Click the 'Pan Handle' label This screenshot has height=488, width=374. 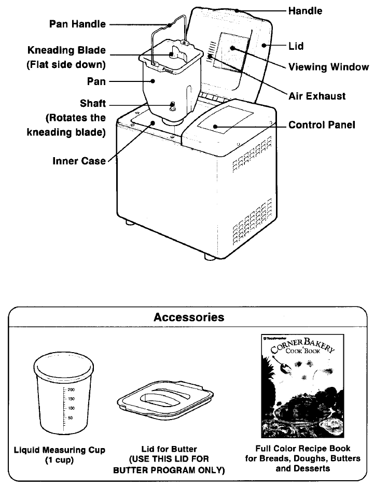click(x=77, y=24)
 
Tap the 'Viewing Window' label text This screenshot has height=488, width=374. click(x=328, y=67)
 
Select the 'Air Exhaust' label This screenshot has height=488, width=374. click(x=317, y=96)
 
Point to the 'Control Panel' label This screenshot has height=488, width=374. click(x=322, y=126)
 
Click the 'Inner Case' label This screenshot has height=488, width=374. click(x=79, y=161)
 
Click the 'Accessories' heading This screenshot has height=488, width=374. click(x=189, y=317)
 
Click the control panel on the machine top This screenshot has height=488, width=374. click(x=225, y=123)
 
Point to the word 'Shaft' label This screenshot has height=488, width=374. click(x=93, y=104)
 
